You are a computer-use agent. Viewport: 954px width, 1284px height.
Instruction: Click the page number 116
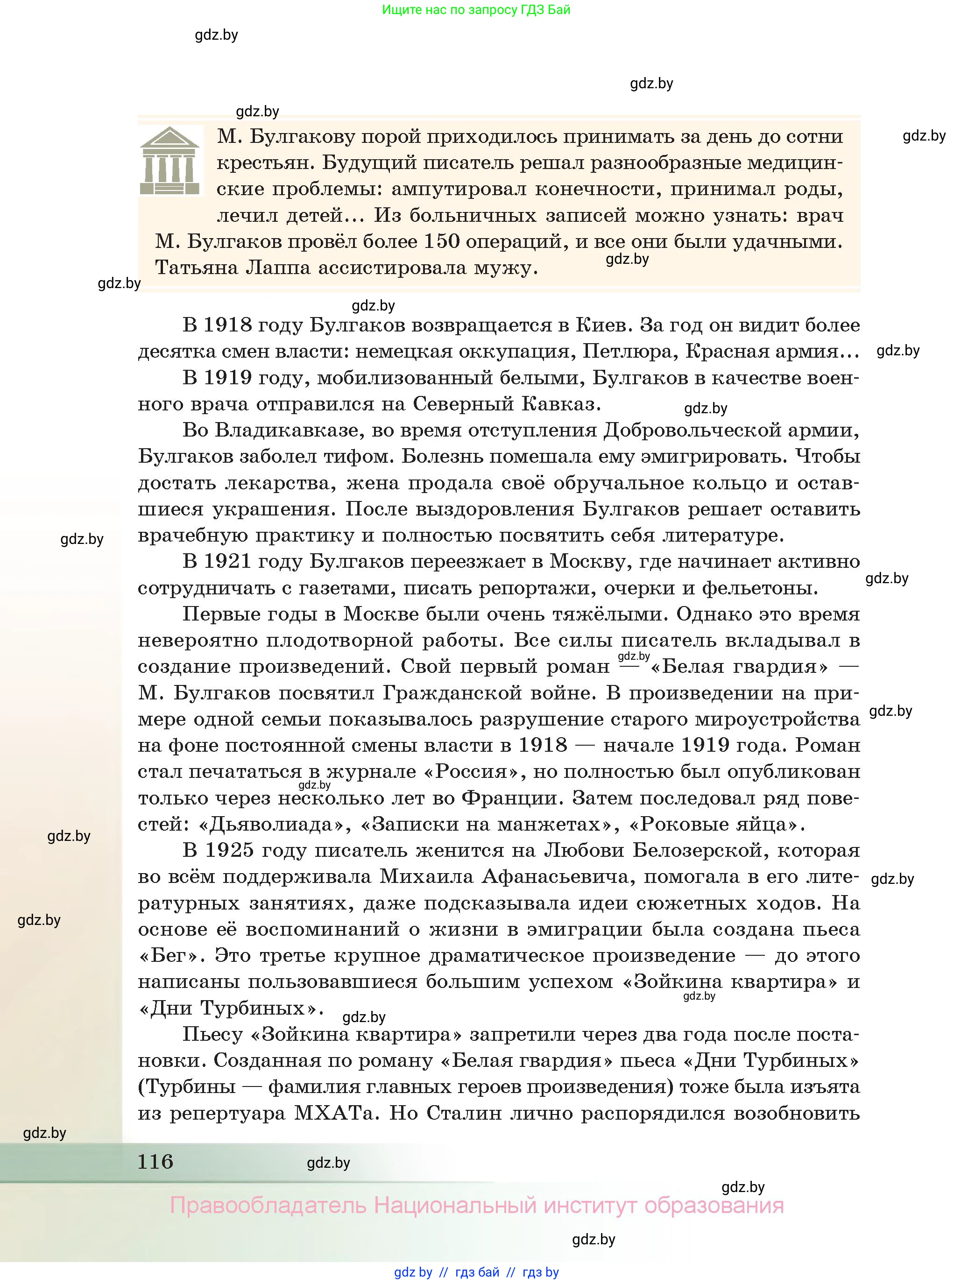[x=155, y=1161]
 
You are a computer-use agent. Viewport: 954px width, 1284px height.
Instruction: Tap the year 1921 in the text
[x=227, y=561]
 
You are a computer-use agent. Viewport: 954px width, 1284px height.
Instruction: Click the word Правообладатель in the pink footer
[x=268, y=1206]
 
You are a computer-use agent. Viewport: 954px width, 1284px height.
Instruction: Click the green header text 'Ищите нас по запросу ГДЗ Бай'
[x=476, y=10]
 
